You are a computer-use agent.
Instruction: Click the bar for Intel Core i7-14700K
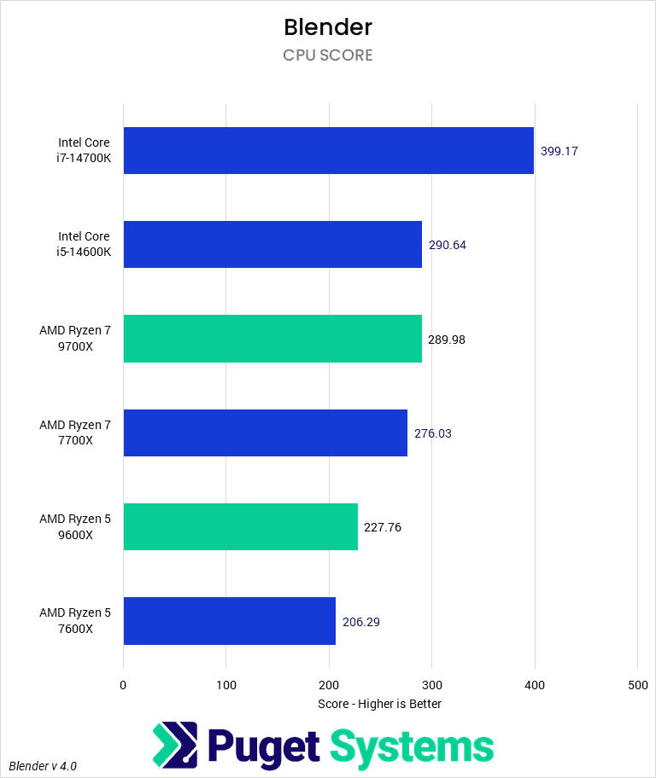click(x=329, y=151)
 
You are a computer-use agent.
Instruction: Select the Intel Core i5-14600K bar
click(x=272, y=245)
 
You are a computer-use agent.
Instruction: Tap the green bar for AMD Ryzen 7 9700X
click(x=272, y=339)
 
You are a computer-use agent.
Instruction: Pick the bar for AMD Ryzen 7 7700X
click(x=266, y=433)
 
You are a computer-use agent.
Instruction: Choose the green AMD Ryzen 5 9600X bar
click(x=240, y=526)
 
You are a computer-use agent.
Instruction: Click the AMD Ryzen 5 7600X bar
click(x=229, y=621)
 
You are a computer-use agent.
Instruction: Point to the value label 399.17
click(x=559, y=151)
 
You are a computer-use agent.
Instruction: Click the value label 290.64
click(x=448, y=245)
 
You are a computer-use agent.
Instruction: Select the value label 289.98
click(x=447, y=340)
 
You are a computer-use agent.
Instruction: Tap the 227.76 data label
click(x=383, y=527)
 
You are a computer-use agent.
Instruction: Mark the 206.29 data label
click(x=361, y=622)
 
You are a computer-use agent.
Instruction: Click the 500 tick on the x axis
click(x=637, y=684)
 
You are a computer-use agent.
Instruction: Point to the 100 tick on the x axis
click(x=226, y=684)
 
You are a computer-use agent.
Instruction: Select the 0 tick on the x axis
click(x=124, y=684)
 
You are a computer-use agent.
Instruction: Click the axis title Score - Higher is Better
click(x=379, y=704)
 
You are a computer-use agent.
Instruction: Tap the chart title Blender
click(x=328, y=27)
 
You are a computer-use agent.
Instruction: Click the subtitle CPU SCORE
click(x=328, y=55)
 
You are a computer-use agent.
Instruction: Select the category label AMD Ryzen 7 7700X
click(x=75, y=433)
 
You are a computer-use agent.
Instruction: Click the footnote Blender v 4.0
click(x=44, y=765)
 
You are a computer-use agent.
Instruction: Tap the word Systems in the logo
click(x=412, y=746)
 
